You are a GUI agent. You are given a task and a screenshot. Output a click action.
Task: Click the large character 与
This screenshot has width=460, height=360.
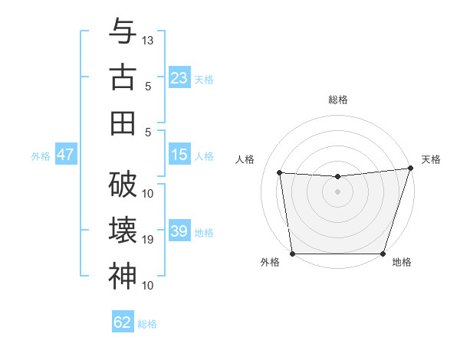point(123,32)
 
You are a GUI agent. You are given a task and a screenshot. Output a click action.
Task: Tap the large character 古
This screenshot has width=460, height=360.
point(123,77)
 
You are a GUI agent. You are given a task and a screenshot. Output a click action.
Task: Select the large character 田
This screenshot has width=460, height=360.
point(123,123)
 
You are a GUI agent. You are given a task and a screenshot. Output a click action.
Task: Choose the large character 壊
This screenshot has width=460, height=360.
point(123,231)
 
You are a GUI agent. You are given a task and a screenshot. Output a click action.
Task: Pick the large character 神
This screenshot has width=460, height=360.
point(123,276)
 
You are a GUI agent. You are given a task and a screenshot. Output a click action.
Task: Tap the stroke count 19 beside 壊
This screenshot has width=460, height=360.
point(148,240)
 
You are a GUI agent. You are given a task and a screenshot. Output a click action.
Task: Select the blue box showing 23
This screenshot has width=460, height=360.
point(179,77)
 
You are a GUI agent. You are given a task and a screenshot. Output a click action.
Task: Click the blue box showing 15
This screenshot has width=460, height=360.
point(179,155)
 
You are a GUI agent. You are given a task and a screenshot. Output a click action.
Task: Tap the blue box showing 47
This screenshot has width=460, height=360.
point(65,155)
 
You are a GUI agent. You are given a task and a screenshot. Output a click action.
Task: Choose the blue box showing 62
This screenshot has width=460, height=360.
point(122,322)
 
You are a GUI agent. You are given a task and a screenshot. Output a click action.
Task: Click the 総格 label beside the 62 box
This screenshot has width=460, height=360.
point(147,324)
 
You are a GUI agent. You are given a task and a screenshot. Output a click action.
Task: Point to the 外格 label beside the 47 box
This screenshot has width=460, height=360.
point(41,155)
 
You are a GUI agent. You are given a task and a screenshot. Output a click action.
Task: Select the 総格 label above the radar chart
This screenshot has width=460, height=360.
point(337,100)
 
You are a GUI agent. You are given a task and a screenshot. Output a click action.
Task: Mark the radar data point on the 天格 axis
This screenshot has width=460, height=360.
point(410,169)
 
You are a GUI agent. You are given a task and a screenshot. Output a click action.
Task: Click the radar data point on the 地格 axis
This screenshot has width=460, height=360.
point(383,254)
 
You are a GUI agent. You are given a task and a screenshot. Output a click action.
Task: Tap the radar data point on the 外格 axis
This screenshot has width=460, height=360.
point(292,254)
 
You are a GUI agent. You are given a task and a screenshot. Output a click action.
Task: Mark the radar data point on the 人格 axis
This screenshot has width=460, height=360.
point(279,173)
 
